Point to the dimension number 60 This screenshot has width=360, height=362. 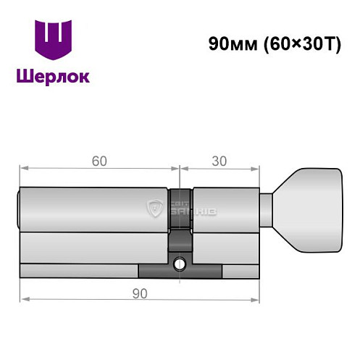click(98, 161)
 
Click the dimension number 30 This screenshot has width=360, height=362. click(219, 161)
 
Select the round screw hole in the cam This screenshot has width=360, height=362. click(181, 264)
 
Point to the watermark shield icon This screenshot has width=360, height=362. click(154, 210)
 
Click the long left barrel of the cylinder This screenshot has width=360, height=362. click(94, 210)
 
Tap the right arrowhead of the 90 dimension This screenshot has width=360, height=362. click(256, 300)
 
